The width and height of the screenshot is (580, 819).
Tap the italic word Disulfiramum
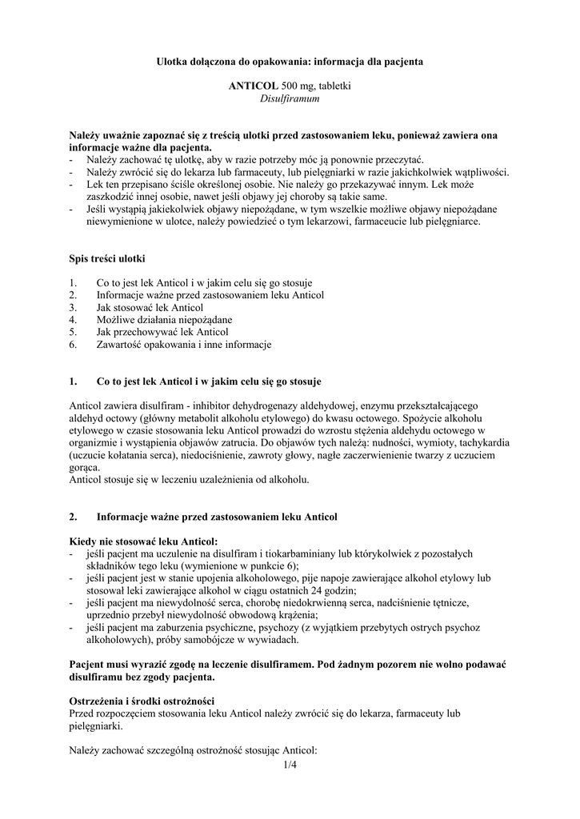290,99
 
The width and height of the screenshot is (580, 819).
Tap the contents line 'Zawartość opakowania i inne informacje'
184,346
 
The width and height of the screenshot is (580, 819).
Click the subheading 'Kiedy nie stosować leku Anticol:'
143,541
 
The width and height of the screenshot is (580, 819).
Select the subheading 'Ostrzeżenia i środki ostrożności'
141,700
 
